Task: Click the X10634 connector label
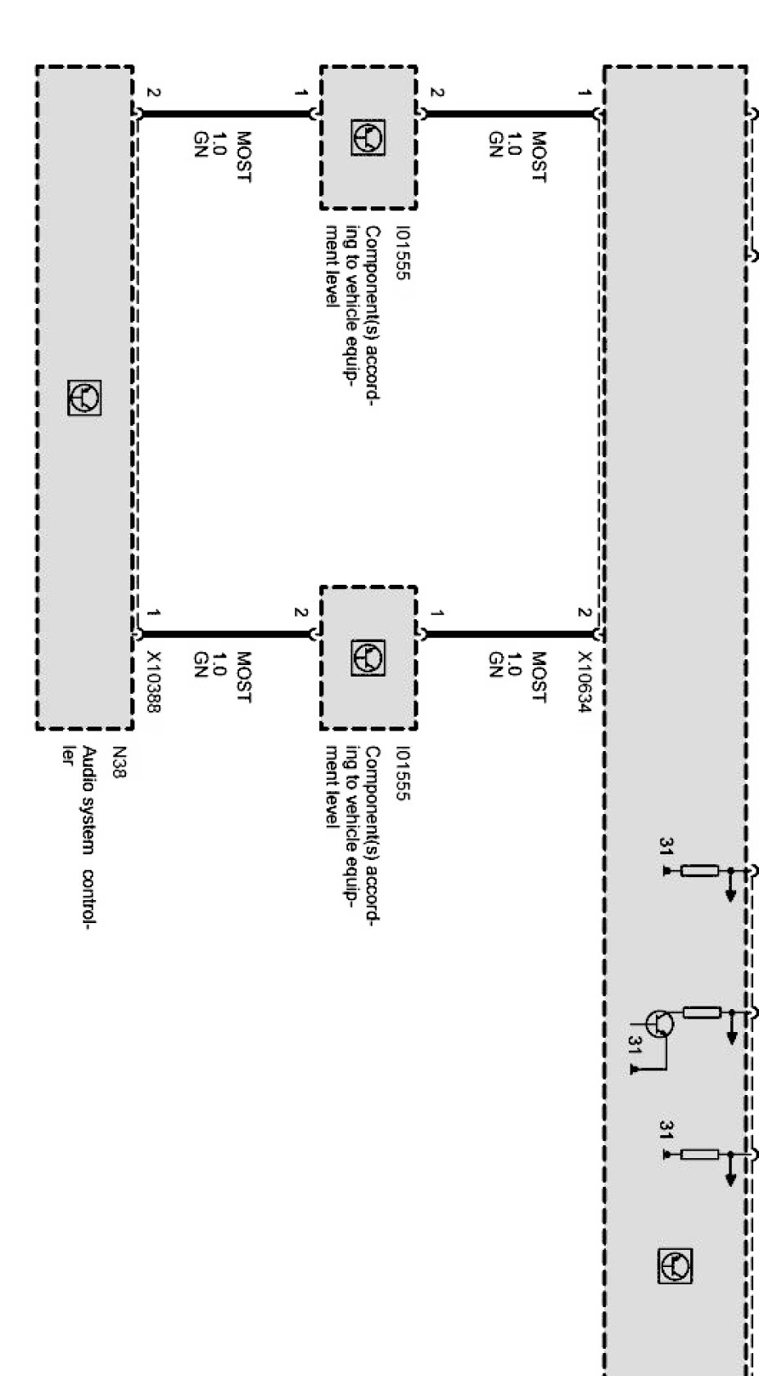pyautogui.click(x=583, y=682)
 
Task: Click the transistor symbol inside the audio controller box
pyautogui.click(x=85, y=398)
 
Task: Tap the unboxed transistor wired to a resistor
pyautogui.click(x=660, y=1023)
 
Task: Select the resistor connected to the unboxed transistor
pyautogui.click(x=701, y=1012)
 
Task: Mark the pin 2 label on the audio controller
pyautogui.click(x=153, y=93)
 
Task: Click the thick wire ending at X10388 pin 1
pyautogui.click(x=221, y=633)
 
